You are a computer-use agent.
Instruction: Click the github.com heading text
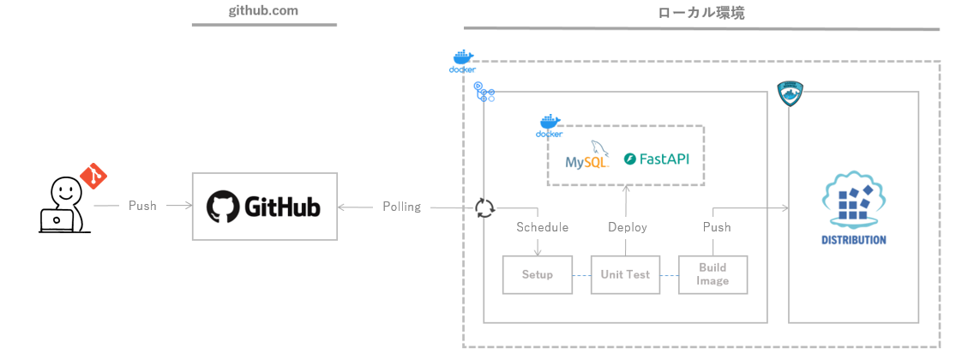[263, 11]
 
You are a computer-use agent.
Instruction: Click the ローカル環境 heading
[700, 14]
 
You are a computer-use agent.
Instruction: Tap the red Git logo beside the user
[93, 177]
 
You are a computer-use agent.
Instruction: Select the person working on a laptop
[62, 206]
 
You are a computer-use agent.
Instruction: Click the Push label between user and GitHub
[142, 207]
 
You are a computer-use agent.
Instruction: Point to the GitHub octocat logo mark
[223, 207]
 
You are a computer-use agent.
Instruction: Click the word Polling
[401, 207]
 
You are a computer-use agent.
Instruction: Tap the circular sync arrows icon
[485, 207]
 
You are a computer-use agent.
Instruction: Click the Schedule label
[542, 227]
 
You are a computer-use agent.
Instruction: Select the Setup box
[538, 275]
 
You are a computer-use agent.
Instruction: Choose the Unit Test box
[625, 275]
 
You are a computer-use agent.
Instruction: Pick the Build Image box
[712, 275]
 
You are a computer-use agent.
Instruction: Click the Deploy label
[627, 227]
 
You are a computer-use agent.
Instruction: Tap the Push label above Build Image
[717, 227]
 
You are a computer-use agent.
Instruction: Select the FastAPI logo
[657, 159]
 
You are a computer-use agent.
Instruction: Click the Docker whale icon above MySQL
[550, 126]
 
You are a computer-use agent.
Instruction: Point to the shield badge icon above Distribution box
[789, 93]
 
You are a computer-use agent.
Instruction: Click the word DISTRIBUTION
[853, 240]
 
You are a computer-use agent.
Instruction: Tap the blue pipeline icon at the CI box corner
[484, 93]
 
